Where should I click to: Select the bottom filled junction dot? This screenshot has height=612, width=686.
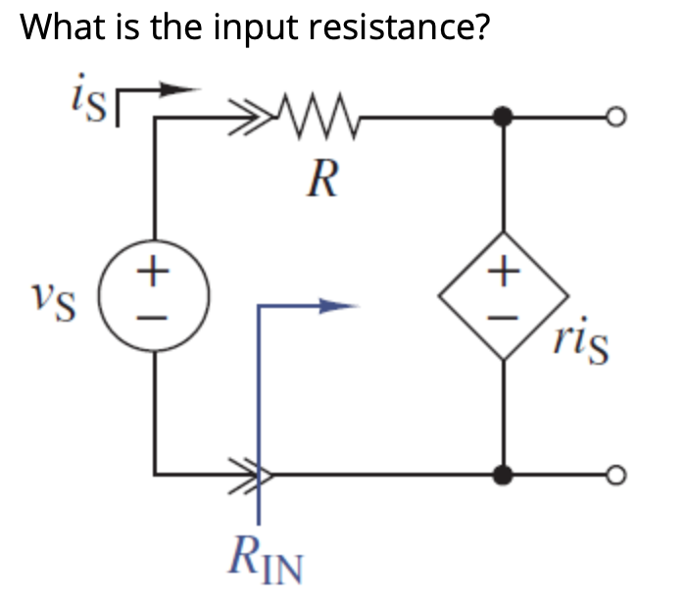tap(503, 476)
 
